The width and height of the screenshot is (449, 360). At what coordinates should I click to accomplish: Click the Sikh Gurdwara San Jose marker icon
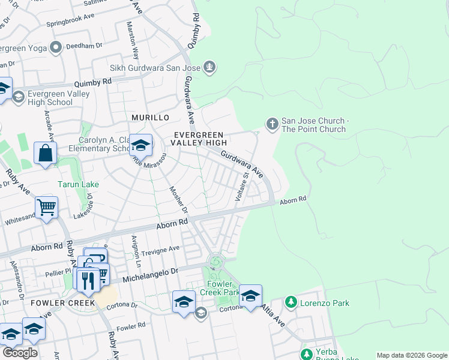209,67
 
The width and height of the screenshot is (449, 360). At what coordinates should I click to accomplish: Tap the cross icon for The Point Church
273,124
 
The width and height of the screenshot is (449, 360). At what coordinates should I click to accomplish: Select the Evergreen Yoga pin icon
57,47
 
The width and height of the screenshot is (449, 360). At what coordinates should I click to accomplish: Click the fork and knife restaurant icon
88,280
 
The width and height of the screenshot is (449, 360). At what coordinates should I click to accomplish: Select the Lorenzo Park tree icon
291,302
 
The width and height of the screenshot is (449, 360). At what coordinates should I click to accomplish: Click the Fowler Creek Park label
223,288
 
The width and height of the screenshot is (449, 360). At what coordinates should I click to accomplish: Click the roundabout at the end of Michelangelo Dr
215,262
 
